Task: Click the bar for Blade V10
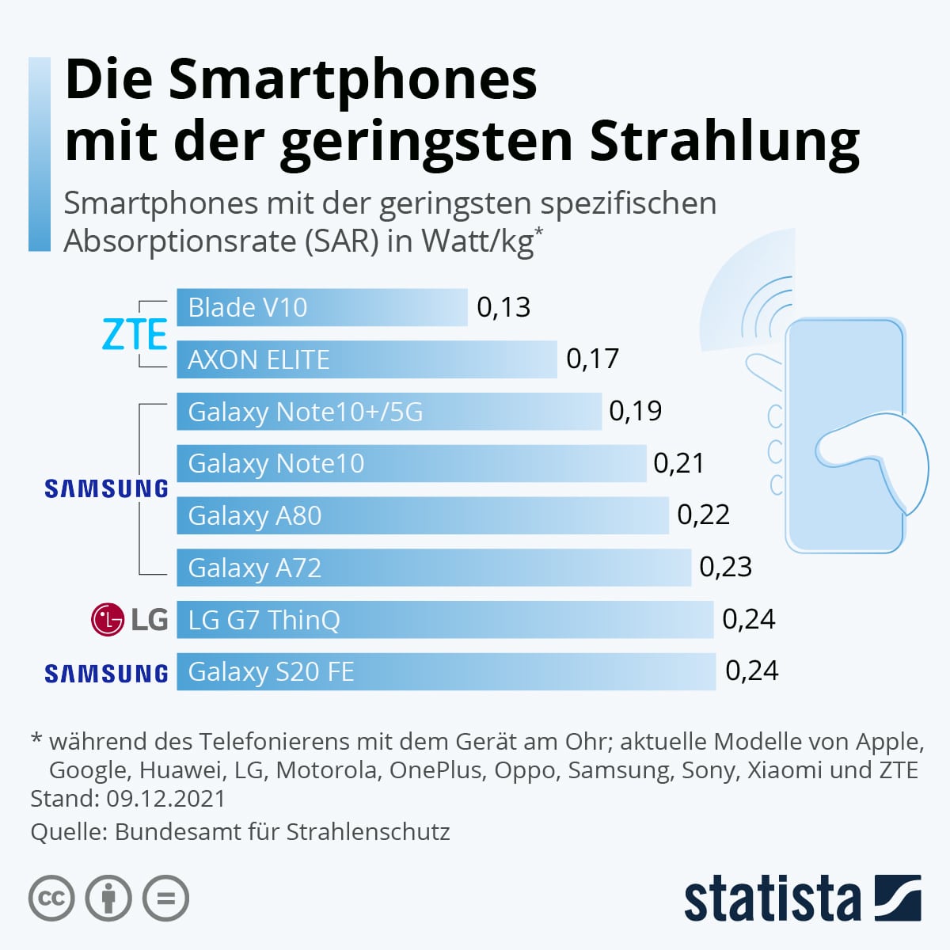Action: coord(321,307)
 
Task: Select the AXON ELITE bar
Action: coord(367,359)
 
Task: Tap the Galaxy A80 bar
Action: coord(422,515)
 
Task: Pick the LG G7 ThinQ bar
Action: coord(444,619)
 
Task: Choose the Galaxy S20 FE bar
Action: coord(446,671)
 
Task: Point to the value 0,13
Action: coord(503,307)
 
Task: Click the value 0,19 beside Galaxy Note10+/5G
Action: coord(636,411)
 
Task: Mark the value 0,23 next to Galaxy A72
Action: coord(725,567)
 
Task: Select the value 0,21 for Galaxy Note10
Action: coord(678,463)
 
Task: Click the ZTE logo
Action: coord(135,335)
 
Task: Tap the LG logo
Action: coord(129,619)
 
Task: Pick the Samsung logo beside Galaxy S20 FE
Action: coord(106,673)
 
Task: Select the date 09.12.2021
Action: coord(165,798)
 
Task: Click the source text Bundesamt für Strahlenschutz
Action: coord(282,831)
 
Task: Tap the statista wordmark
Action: coord(772,899)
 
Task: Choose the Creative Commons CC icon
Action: coord(51,899)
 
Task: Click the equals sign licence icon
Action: coord(165,899)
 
